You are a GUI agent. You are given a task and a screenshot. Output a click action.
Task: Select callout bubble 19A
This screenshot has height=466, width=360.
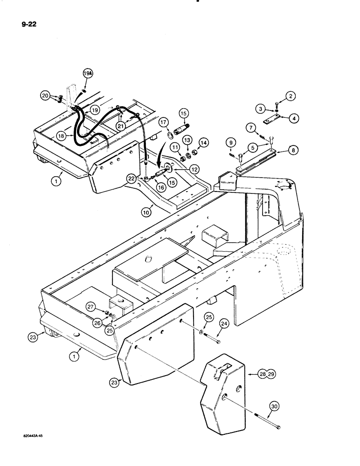(x=88, y=73)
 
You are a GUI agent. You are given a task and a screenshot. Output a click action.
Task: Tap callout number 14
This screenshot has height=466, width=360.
(x=204, y=142)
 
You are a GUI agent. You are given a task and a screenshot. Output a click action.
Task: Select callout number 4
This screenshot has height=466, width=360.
(x=295, y=118)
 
